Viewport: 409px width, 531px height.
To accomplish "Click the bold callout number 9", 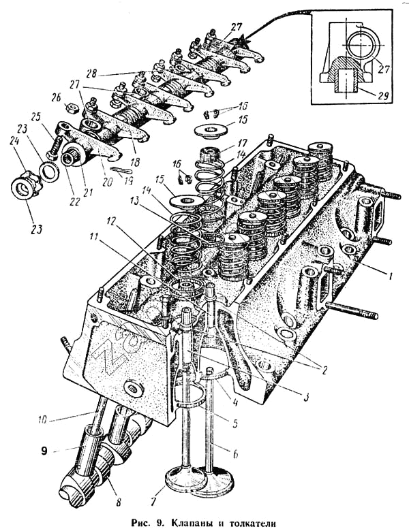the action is coord(44,451).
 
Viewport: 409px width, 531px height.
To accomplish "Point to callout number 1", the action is coord(391,276).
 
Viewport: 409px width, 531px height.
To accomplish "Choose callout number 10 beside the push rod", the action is coord(43,421).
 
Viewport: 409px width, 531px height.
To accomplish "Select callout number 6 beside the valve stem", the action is coord(236,453).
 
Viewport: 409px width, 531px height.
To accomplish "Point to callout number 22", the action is coord(74,202).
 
